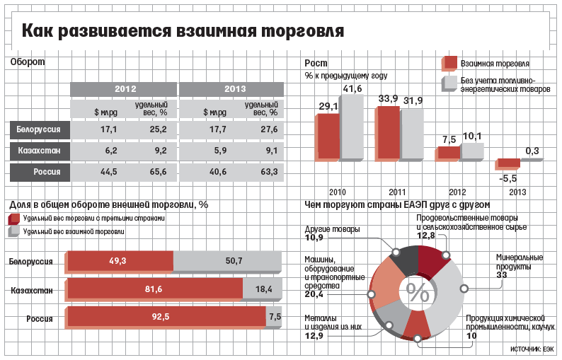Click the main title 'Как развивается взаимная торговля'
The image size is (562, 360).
click(183, 31)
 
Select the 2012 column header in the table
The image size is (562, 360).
click(125, 89)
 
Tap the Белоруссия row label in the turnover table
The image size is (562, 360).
click(40, 129)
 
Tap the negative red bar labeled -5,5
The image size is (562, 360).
click(508, 163)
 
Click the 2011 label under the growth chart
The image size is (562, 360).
click(397, 192)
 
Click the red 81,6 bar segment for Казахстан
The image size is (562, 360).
click(154, 289)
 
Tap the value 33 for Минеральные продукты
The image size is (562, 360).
click(502, 274)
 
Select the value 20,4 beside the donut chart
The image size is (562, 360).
click(314, 294)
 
